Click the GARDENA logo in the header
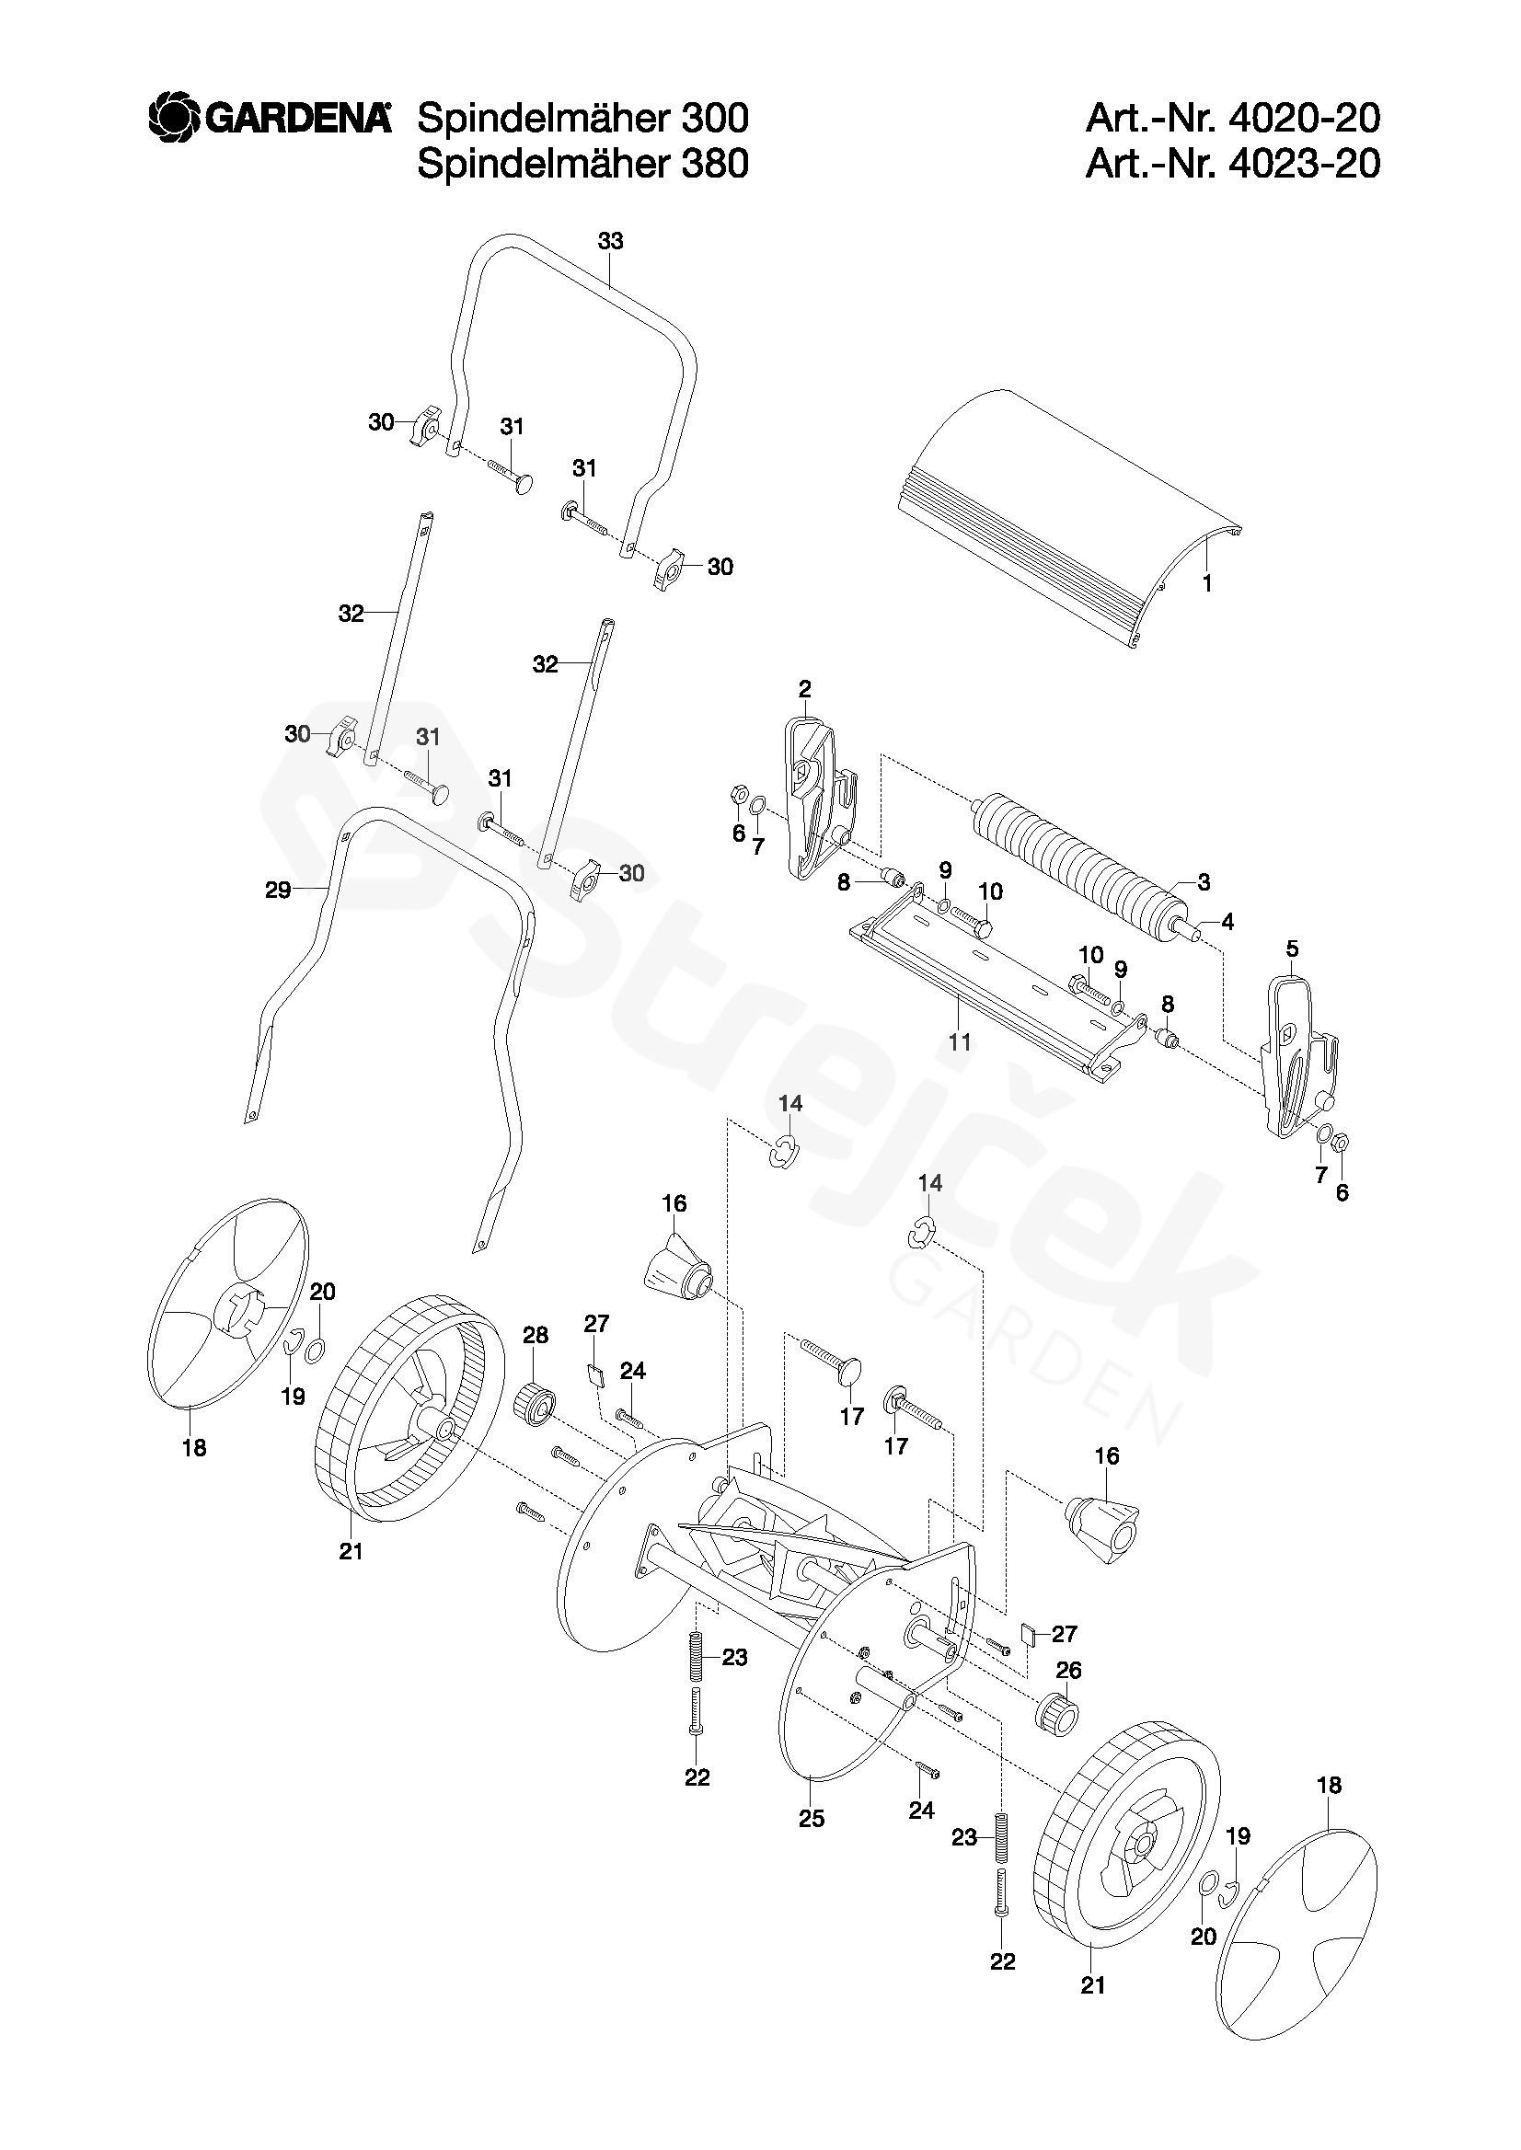point(270,120)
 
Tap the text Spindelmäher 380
point(582,164)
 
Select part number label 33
point(610,242)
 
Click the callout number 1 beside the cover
point(1207,583)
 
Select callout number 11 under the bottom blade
point(959,1041)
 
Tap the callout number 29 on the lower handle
point(278,890)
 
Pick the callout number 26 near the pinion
point(1068,1671)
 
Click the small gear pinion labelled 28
point(536,1402)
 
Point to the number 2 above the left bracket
point(804,689)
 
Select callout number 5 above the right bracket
point(1293,949)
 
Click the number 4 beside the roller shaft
point(1227,922)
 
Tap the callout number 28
point(535,1335)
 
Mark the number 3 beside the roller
point(1204,881)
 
